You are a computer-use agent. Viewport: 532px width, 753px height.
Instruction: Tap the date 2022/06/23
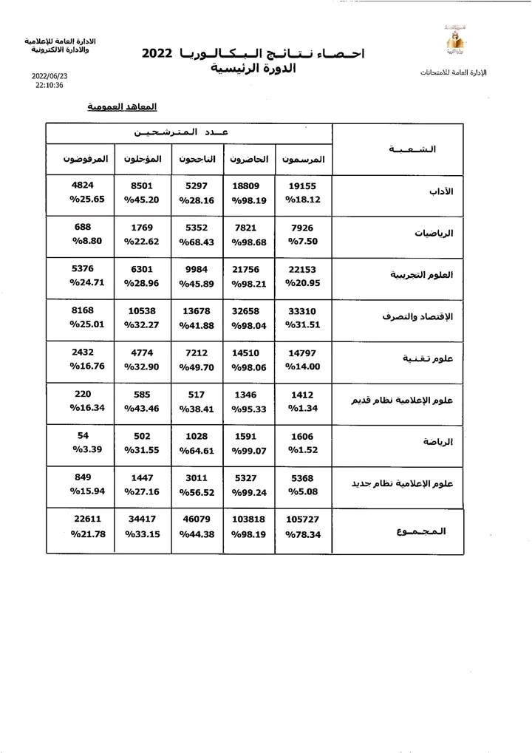click(50, 76)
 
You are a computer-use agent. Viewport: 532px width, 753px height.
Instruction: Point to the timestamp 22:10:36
click(50, 86)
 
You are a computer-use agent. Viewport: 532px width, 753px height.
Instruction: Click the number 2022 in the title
click(157, 54)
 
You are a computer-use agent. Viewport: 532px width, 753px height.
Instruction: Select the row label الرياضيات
click(436, 233)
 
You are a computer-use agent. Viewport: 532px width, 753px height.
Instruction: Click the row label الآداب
click(441, 191)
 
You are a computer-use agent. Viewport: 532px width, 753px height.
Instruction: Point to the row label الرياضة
click(438, 443)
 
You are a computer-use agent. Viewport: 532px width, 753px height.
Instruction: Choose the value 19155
click(301, 187)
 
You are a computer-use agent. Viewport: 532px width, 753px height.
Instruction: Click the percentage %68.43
click(197, 241)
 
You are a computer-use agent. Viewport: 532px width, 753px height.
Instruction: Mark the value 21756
click(249, 270)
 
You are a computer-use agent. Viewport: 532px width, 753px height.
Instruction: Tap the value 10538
click(142, 311)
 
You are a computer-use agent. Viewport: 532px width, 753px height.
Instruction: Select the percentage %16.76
click(88, 367)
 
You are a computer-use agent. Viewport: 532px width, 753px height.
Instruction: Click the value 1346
click(249, 395)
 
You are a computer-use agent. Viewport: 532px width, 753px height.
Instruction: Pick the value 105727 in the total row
click(304, 519)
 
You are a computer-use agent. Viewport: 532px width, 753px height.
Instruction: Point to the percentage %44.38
click(197, 534)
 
